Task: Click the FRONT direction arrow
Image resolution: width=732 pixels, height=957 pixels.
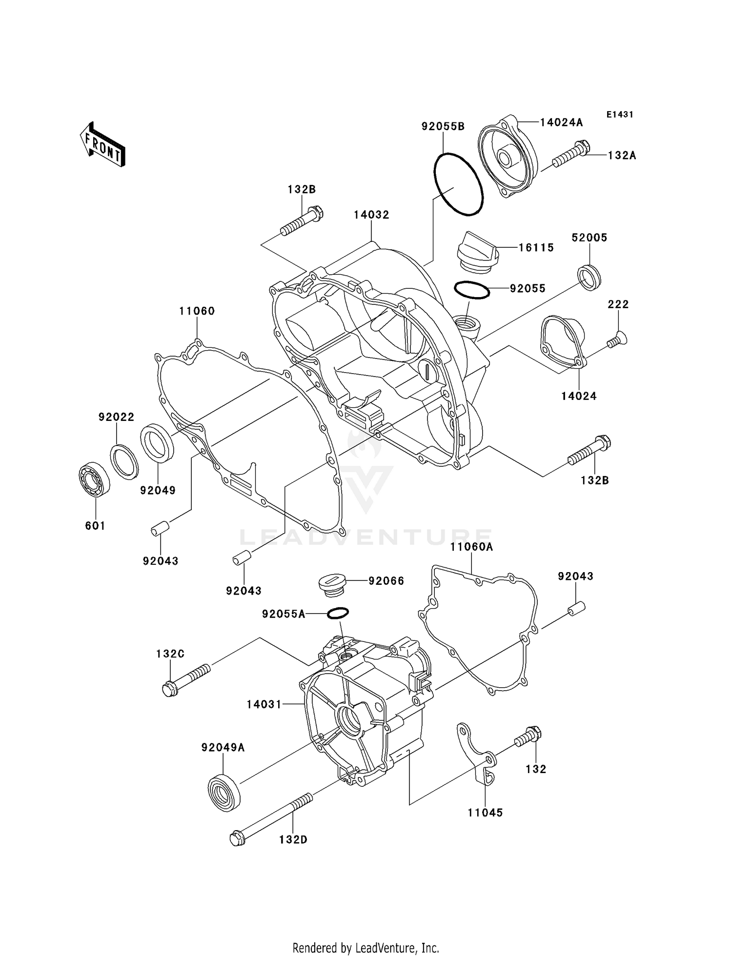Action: click(x=103, y=145)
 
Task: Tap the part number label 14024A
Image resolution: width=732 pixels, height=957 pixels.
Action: click(x=561, y=122)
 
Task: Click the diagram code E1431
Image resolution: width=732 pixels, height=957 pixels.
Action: click(x=620, y=115)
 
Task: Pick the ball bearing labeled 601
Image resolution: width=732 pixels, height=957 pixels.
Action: click(x=95, y=481)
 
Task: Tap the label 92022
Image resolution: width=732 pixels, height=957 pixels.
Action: click(x=116, y=417)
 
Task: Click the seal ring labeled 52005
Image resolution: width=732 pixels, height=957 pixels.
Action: click(x=590, y=278)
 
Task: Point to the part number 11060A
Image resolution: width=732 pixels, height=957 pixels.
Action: click(x=471, y=547)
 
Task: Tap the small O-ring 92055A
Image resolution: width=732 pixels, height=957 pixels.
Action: click(x=338, y=613)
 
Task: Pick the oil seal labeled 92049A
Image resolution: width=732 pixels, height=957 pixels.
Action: click(x=224, y=793)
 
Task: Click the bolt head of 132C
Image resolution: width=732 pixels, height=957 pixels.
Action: click(x=169, y=689)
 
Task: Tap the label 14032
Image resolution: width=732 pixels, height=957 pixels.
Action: click(x=371, y=215)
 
